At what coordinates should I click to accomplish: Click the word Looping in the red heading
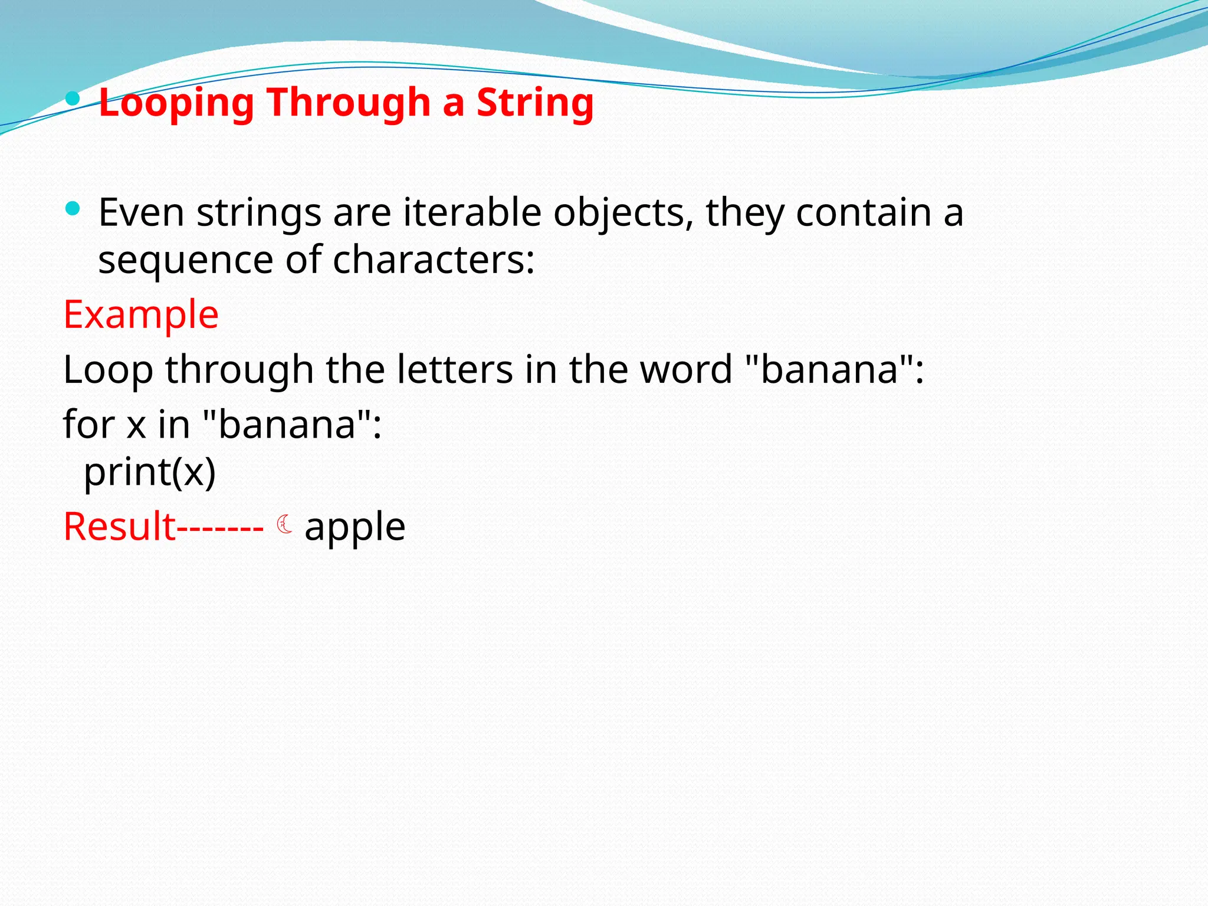click(x=176, y=103)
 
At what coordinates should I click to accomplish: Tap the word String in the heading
click(x=534, y=103)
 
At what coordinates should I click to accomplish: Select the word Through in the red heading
click(x=349, y=103)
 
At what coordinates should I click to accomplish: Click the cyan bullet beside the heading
click(x=73, y=99)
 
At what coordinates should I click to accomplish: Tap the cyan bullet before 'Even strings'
click(x=73, y=208)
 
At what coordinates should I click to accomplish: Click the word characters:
click(x=434, y=260)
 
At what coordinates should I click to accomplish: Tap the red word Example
click(x=141, y=314)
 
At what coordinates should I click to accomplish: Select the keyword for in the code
click(x=88, y=425)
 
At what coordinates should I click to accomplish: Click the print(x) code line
click(x=150, y=472)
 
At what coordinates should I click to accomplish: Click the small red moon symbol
click(x=284, y=524)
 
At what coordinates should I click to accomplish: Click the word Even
click(x=141, y=212)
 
